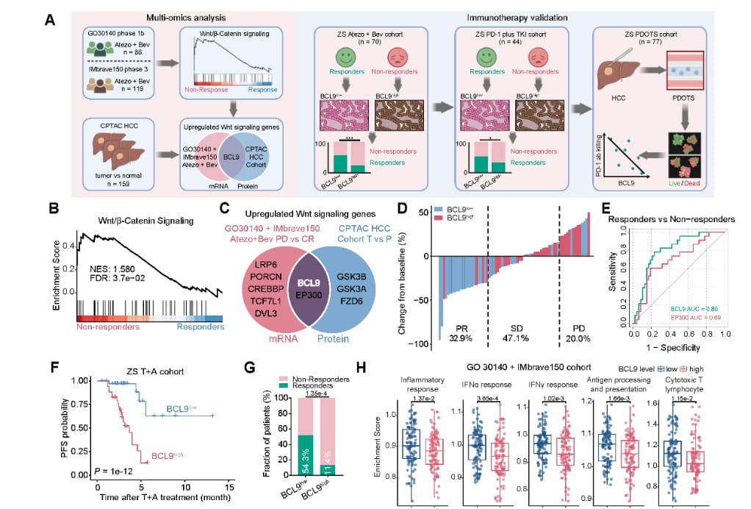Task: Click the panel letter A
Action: tap(50, 18)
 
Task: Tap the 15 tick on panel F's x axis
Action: tap(231, 486)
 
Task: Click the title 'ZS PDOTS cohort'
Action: tap(650, 34)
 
